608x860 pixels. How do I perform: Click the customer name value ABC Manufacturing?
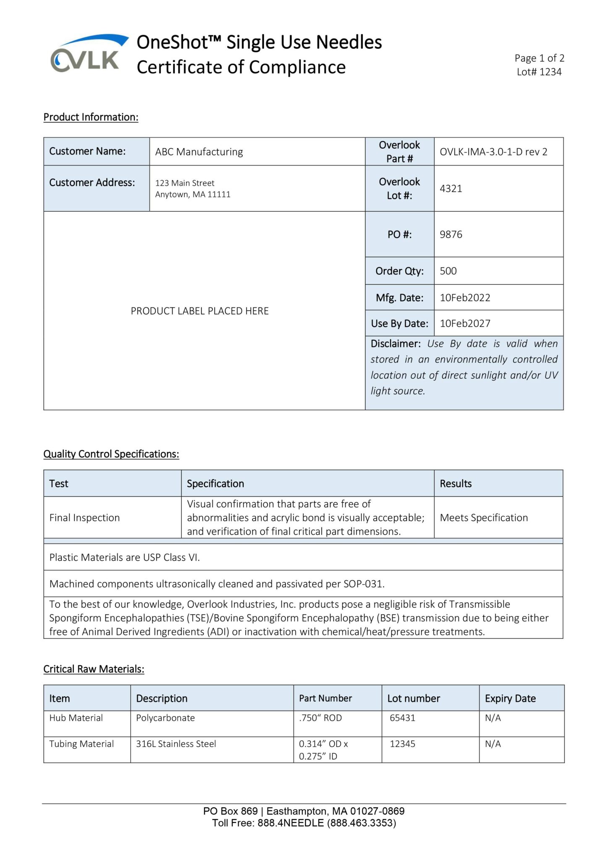pyautogui.click(x=199, y=152)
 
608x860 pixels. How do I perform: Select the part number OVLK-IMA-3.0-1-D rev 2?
pyautogui.click(x=493, y=152)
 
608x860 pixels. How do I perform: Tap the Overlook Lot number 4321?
pyautogui.click(x=451, y=189)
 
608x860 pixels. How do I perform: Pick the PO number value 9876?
pyautogui.click(x=451, y=234)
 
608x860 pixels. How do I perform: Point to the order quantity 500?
pyautogui.click(x=448, y=271)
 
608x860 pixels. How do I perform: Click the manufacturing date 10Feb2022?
pyautogui.click(x=465, y=298)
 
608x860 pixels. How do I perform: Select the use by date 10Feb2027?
pyautogui.click(x=465, y=323)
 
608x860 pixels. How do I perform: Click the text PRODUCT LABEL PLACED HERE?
pyautogui.click(x=199, y=311)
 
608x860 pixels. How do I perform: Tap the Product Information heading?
pyautogui.click(x=91, y=117)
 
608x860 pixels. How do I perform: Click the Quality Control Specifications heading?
pyautogui.click(x=111, y=454)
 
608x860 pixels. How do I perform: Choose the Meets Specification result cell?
pyautogui.click(x=484, y=518)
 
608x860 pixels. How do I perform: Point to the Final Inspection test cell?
pyautogui.click(x=84, y=518)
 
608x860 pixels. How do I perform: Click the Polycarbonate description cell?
pyautogui.click(x=165, y=718)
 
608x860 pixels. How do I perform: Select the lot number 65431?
pyautogui.click(x=402, y=718)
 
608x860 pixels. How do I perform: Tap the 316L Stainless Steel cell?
pyautogui.click(x=176, y=744)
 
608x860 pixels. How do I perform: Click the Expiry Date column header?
pyautogui.click(x=510, y=698)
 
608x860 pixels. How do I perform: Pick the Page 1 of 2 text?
pyautogui.click(x=539, y=58)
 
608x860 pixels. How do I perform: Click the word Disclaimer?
pyautogui.click(x=395, y=344)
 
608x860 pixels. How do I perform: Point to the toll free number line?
pyautogui.click(x=304, y=823)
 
